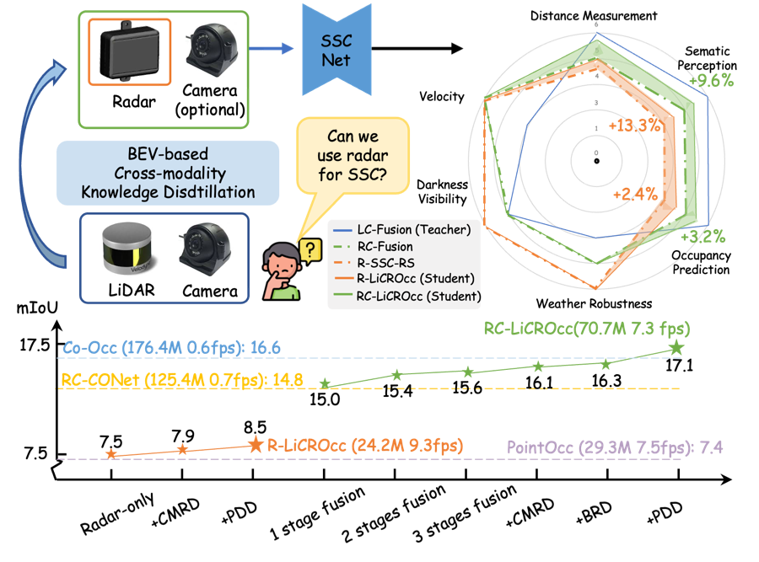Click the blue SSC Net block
[x=336, y=51]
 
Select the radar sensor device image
[x=129, y=51]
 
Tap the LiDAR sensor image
[x=126, y=248]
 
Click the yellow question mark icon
[x=310, y=251]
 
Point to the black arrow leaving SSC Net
[x=417, y=48]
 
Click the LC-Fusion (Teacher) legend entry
[x=401, y=230]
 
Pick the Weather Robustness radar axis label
[x=594, y=303]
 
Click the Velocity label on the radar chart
[x=441, y=97]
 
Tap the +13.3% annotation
[x=634, y=126]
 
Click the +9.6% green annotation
[x=712, y=80]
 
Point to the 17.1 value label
[x=679, y=365]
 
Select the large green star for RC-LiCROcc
[x=676, y=347]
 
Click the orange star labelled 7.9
[x=182, y=450]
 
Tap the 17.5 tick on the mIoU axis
[x=35, y=345]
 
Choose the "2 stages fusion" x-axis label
[x=393, y=514]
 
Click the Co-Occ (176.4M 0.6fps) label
[x=172, y=348]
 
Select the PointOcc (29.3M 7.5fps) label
[x=615, y=447]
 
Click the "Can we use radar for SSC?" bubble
[x=353, y=156]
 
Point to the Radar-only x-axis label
[x=117, y=513]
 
